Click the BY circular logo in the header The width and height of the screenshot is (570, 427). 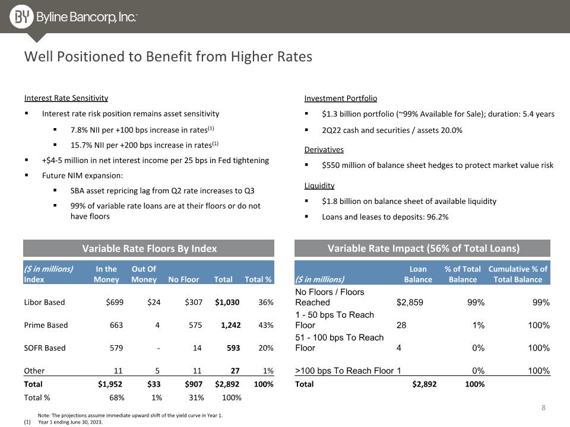click(21, 17)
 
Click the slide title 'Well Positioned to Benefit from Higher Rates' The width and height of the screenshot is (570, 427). click(168, 57)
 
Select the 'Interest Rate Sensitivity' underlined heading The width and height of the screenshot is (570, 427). click(66, 98)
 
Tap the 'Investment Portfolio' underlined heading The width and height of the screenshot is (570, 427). click(341, 98)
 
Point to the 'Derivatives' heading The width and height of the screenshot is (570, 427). click(324, 149)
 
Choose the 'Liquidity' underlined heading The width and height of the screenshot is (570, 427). click(319, 186)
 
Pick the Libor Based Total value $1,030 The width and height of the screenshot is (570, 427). click(227, 302)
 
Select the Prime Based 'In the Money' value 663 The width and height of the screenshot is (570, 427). click(116, 325)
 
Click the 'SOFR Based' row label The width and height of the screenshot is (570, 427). click(45, 348)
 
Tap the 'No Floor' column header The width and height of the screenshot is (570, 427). click(183, 279)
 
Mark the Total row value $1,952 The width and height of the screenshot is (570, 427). click(110, 384)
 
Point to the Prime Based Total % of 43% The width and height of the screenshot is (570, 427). click(266, 325)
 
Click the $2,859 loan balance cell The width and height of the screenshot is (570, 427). click(410, 302)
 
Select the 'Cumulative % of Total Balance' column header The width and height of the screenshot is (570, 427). click(518, 274)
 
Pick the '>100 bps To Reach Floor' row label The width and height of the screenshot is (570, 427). click(344, 371)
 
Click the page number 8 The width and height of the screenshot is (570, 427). click(543, 408)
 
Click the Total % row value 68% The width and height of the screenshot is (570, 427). click(117, 397)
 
